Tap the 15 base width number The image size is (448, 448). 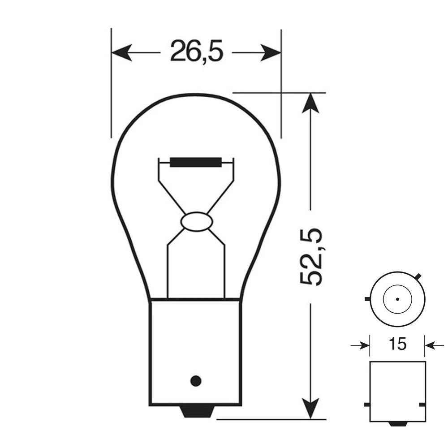[x=397, y=344]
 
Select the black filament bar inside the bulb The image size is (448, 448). [x=196, y=161]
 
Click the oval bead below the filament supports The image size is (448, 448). [x=195, y=222]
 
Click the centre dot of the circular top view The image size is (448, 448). [x=397, y=299]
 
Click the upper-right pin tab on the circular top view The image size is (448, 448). [x=419, y=275]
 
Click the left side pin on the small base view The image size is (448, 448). [x=367, y=405]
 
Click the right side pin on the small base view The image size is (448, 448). [x=422, y=405]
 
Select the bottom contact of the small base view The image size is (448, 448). [x=397, y=423]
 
